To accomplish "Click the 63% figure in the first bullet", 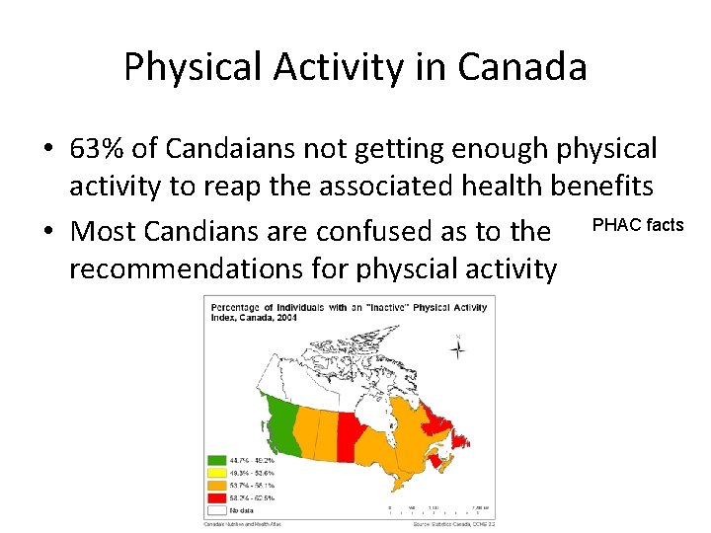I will [x=99, y=149].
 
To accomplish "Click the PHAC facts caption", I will [x=637, y=225].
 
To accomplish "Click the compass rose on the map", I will [x=458, y=346].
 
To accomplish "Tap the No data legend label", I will [x=241, y=510].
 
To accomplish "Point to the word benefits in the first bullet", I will [x=596, y=188].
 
